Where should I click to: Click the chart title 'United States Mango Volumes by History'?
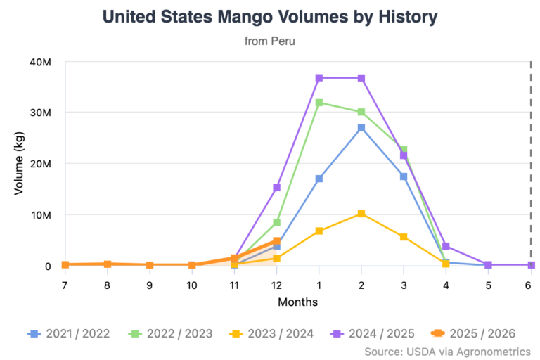click(269, 17)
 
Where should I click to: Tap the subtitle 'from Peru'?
click(269, 41)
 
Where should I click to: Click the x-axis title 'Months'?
click(297, 302)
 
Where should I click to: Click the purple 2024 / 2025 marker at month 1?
click(319, 78)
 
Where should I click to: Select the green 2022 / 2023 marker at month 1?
click(319, 103)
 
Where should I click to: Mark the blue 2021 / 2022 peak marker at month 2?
click(361, 128)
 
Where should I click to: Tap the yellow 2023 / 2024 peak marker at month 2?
click(361, 213)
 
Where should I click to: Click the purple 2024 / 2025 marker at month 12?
click(277, 188)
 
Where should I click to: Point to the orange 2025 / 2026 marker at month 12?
click(277, 241)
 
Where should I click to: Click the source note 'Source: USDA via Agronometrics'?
click(448, 351)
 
